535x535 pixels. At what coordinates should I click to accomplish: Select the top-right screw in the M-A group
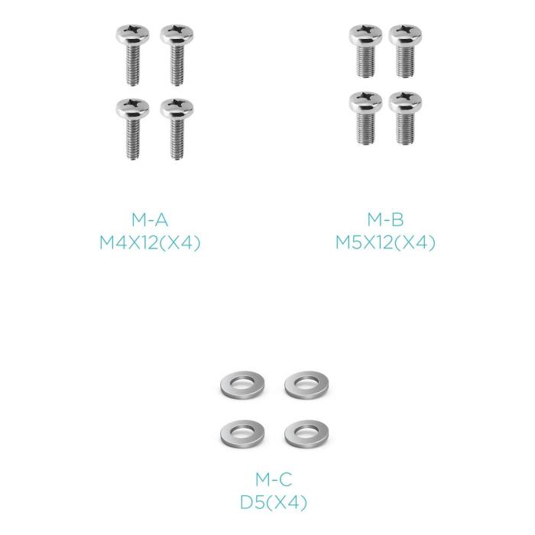tap(176, 53)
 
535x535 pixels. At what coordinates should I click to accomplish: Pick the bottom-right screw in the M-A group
tap(177, 128)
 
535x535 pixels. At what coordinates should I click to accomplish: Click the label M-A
tap(150, 220)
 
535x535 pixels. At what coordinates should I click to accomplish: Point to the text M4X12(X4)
tap(150, 243)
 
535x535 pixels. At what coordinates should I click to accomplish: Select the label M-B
tap(385, 220)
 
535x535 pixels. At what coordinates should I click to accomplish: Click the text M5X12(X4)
tap(385, 243)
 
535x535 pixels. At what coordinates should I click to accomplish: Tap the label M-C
tap(273, 480)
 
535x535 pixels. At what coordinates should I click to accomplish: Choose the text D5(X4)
tap(273, 503)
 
